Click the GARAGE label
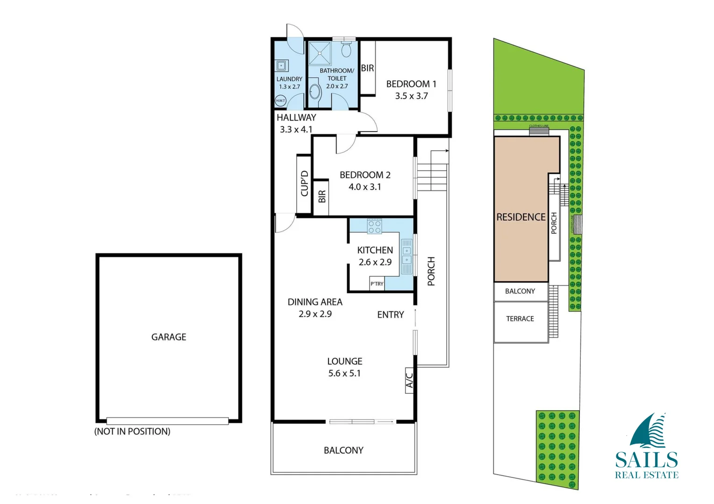[x=169, y=337]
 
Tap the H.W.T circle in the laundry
[x=280, y=100]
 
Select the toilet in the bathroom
[x=346, y=49]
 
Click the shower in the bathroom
[x=320, y=53]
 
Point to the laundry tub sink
[x=281, y=66]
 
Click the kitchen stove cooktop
[x=374, y=227]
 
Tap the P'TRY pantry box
[x=377, y=284]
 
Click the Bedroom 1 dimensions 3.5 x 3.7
[x=411, y=96]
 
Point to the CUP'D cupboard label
[x=304, y=183]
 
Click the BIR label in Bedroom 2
[x=321, y=196]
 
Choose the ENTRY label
[x=390, y=315]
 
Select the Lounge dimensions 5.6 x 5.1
[x=344, y=373]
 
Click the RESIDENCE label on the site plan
[x=521, y=217]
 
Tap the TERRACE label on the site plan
[x=520, y=319]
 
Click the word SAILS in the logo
[x=646, y=460]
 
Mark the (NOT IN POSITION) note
[x=132, y=432]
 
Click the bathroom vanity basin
[x=315, y=91]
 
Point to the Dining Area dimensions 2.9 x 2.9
[x=315, y=314]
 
